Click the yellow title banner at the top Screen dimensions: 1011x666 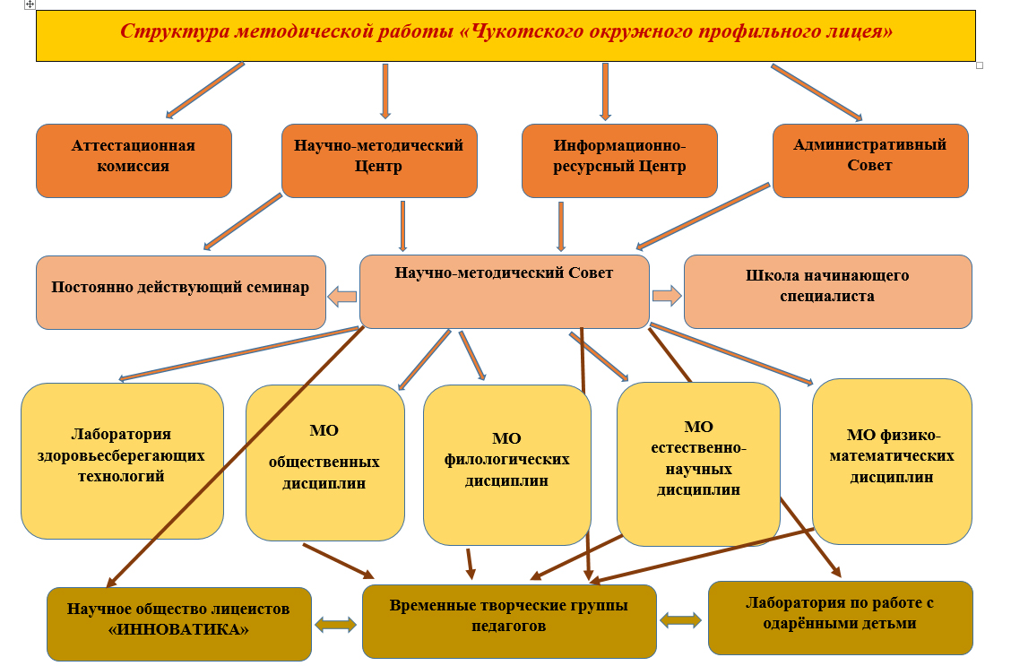coord(505,36)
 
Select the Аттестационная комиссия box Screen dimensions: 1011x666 coord(134,160)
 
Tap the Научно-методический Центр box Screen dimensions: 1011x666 coord(379,160)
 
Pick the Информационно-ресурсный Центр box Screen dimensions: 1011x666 coord(619,160)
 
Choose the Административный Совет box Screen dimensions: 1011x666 coord(870,160)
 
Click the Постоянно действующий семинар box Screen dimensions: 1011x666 coord(180,293)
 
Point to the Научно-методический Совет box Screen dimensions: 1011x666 coord(505,291)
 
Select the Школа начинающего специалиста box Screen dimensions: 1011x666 coord(828,291)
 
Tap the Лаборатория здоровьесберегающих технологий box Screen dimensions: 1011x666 coord(122,461)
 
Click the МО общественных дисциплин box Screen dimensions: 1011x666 coord(325,463)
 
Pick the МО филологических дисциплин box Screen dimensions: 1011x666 coord(506,465)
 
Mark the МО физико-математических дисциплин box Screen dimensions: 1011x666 coord(892,462)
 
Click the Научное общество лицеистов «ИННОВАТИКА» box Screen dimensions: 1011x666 coord(178,624)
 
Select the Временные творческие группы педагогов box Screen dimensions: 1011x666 coord(509,621)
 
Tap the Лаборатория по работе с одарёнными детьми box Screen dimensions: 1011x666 coord(840,618)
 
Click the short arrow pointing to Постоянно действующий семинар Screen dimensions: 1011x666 coord(342,297)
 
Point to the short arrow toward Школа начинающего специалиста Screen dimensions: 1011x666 coord(667,296)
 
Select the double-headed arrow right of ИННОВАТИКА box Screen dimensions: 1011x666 coord(335,624)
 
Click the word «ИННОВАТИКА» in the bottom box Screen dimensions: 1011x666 coord(178,630)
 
